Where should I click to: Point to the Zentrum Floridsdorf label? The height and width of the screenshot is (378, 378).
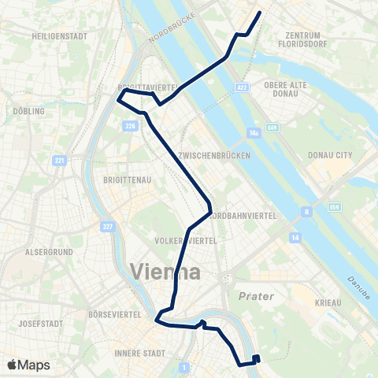(x=303, y=39)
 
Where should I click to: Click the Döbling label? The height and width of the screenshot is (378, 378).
(x=28, y=112)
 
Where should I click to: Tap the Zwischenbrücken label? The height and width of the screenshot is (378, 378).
(x=215, y=156)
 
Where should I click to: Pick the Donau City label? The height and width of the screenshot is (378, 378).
(x=330, y=156)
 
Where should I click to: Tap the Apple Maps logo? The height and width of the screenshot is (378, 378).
(x=28, y=365)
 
